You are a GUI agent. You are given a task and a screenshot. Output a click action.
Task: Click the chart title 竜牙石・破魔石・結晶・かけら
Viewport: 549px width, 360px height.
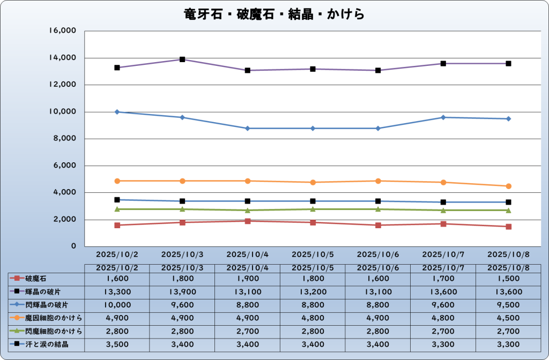[x=274, y=13]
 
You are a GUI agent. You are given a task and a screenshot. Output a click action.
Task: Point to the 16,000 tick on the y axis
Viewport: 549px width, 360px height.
[x=63, y=31]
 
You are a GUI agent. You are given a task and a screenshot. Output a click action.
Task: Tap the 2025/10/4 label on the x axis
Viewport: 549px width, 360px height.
[x=248, y=254]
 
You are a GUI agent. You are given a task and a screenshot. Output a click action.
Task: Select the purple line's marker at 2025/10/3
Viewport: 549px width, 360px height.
[x=182, y=59]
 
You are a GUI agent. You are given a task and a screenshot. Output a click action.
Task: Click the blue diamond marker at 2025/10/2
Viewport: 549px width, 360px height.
[x=117, y=112]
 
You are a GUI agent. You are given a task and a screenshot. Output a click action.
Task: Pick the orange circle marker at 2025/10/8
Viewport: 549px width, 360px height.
[x=508, y=186]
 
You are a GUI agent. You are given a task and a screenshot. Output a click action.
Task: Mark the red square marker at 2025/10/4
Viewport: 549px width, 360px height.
[x=248, y=221]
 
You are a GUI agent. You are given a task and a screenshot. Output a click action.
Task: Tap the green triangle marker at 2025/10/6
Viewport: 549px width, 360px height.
[x=378, y=209]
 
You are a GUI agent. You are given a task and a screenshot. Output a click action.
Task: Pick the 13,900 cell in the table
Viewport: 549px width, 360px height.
[x=182, y=292]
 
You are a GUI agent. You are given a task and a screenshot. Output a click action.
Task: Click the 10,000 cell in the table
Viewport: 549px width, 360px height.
[x=117, y=305]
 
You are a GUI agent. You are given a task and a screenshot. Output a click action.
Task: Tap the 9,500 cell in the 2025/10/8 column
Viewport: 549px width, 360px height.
[x=508, y=305]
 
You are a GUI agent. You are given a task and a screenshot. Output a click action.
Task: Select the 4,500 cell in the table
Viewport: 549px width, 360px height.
[x=508, y=318]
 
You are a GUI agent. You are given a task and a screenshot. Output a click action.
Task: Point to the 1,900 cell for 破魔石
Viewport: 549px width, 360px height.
[x=248, y=279]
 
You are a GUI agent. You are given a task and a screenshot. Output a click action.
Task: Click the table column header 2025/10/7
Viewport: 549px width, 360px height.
[x=443, y=267]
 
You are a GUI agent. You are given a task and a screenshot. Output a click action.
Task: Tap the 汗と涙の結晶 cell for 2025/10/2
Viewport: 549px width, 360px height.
[x=117, y=344]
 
